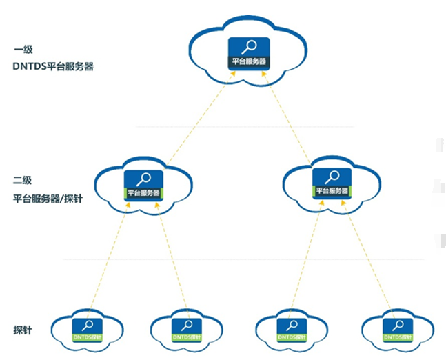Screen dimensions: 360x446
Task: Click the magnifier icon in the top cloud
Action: click(x=249, y=48)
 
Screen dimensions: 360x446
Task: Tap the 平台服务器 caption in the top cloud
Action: click(x=249, y=62)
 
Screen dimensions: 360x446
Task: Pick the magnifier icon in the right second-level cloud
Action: click(x=332, y=177)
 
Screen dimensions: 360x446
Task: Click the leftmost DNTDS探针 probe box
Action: click(x=88, y=330)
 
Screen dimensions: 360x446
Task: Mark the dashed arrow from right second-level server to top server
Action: click(x=289, y=117)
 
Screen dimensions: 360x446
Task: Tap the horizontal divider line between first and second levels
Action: click(x=245, y=127)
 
